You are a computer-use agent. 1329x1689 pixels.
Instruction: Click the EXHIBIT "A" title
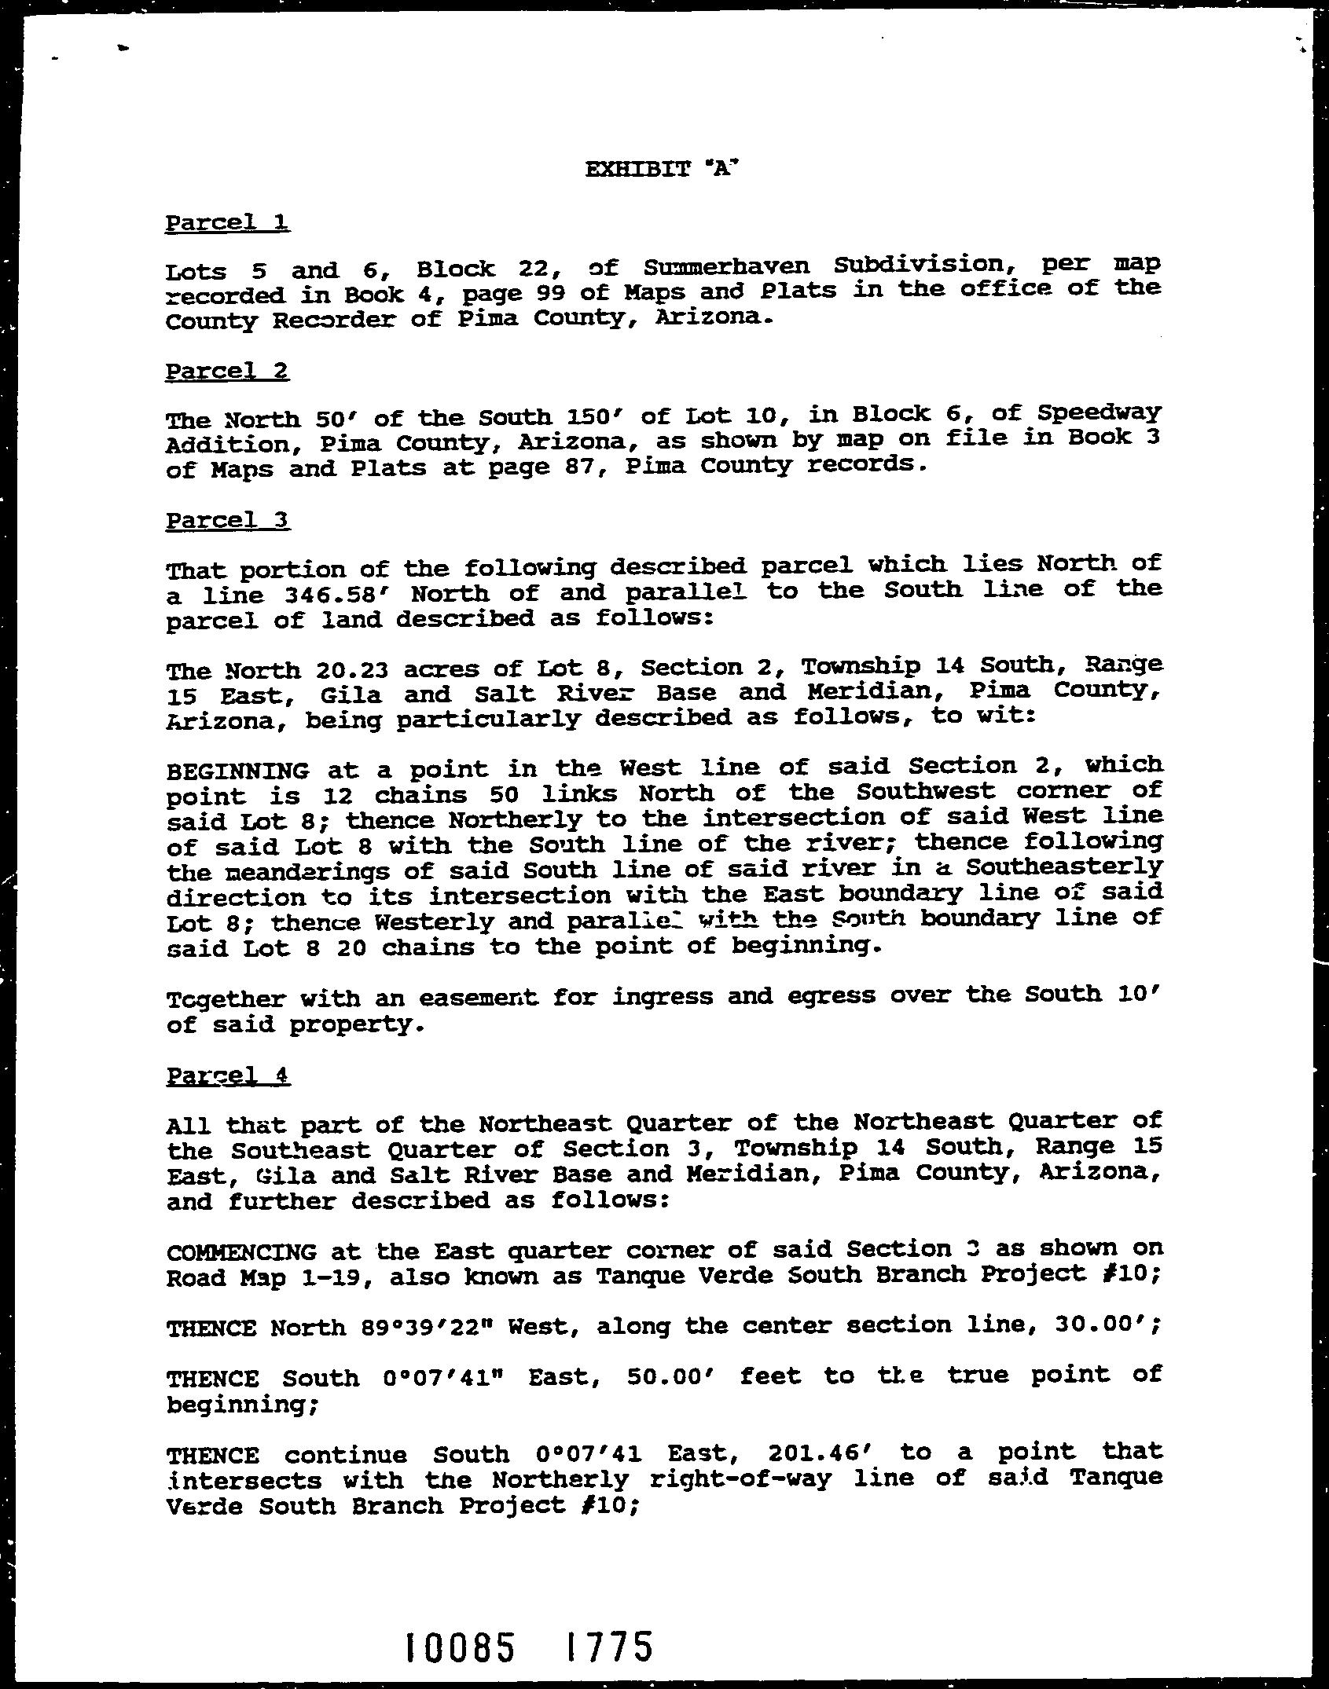coord(663,169)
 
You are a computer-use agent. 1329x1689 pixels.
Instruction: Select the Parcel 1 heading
coord(227,223)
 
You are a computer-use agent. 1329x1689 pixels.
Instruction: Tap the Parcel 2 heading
coord(227,371)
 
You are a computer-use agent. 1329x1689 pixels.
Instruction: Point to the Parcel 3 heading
coord(228,520)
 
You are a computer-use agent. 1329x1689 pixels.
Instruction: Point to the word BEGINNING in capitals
coord(237,770)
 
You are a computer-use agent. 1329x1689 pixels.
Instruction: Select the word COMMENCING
coord(242,1252)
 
